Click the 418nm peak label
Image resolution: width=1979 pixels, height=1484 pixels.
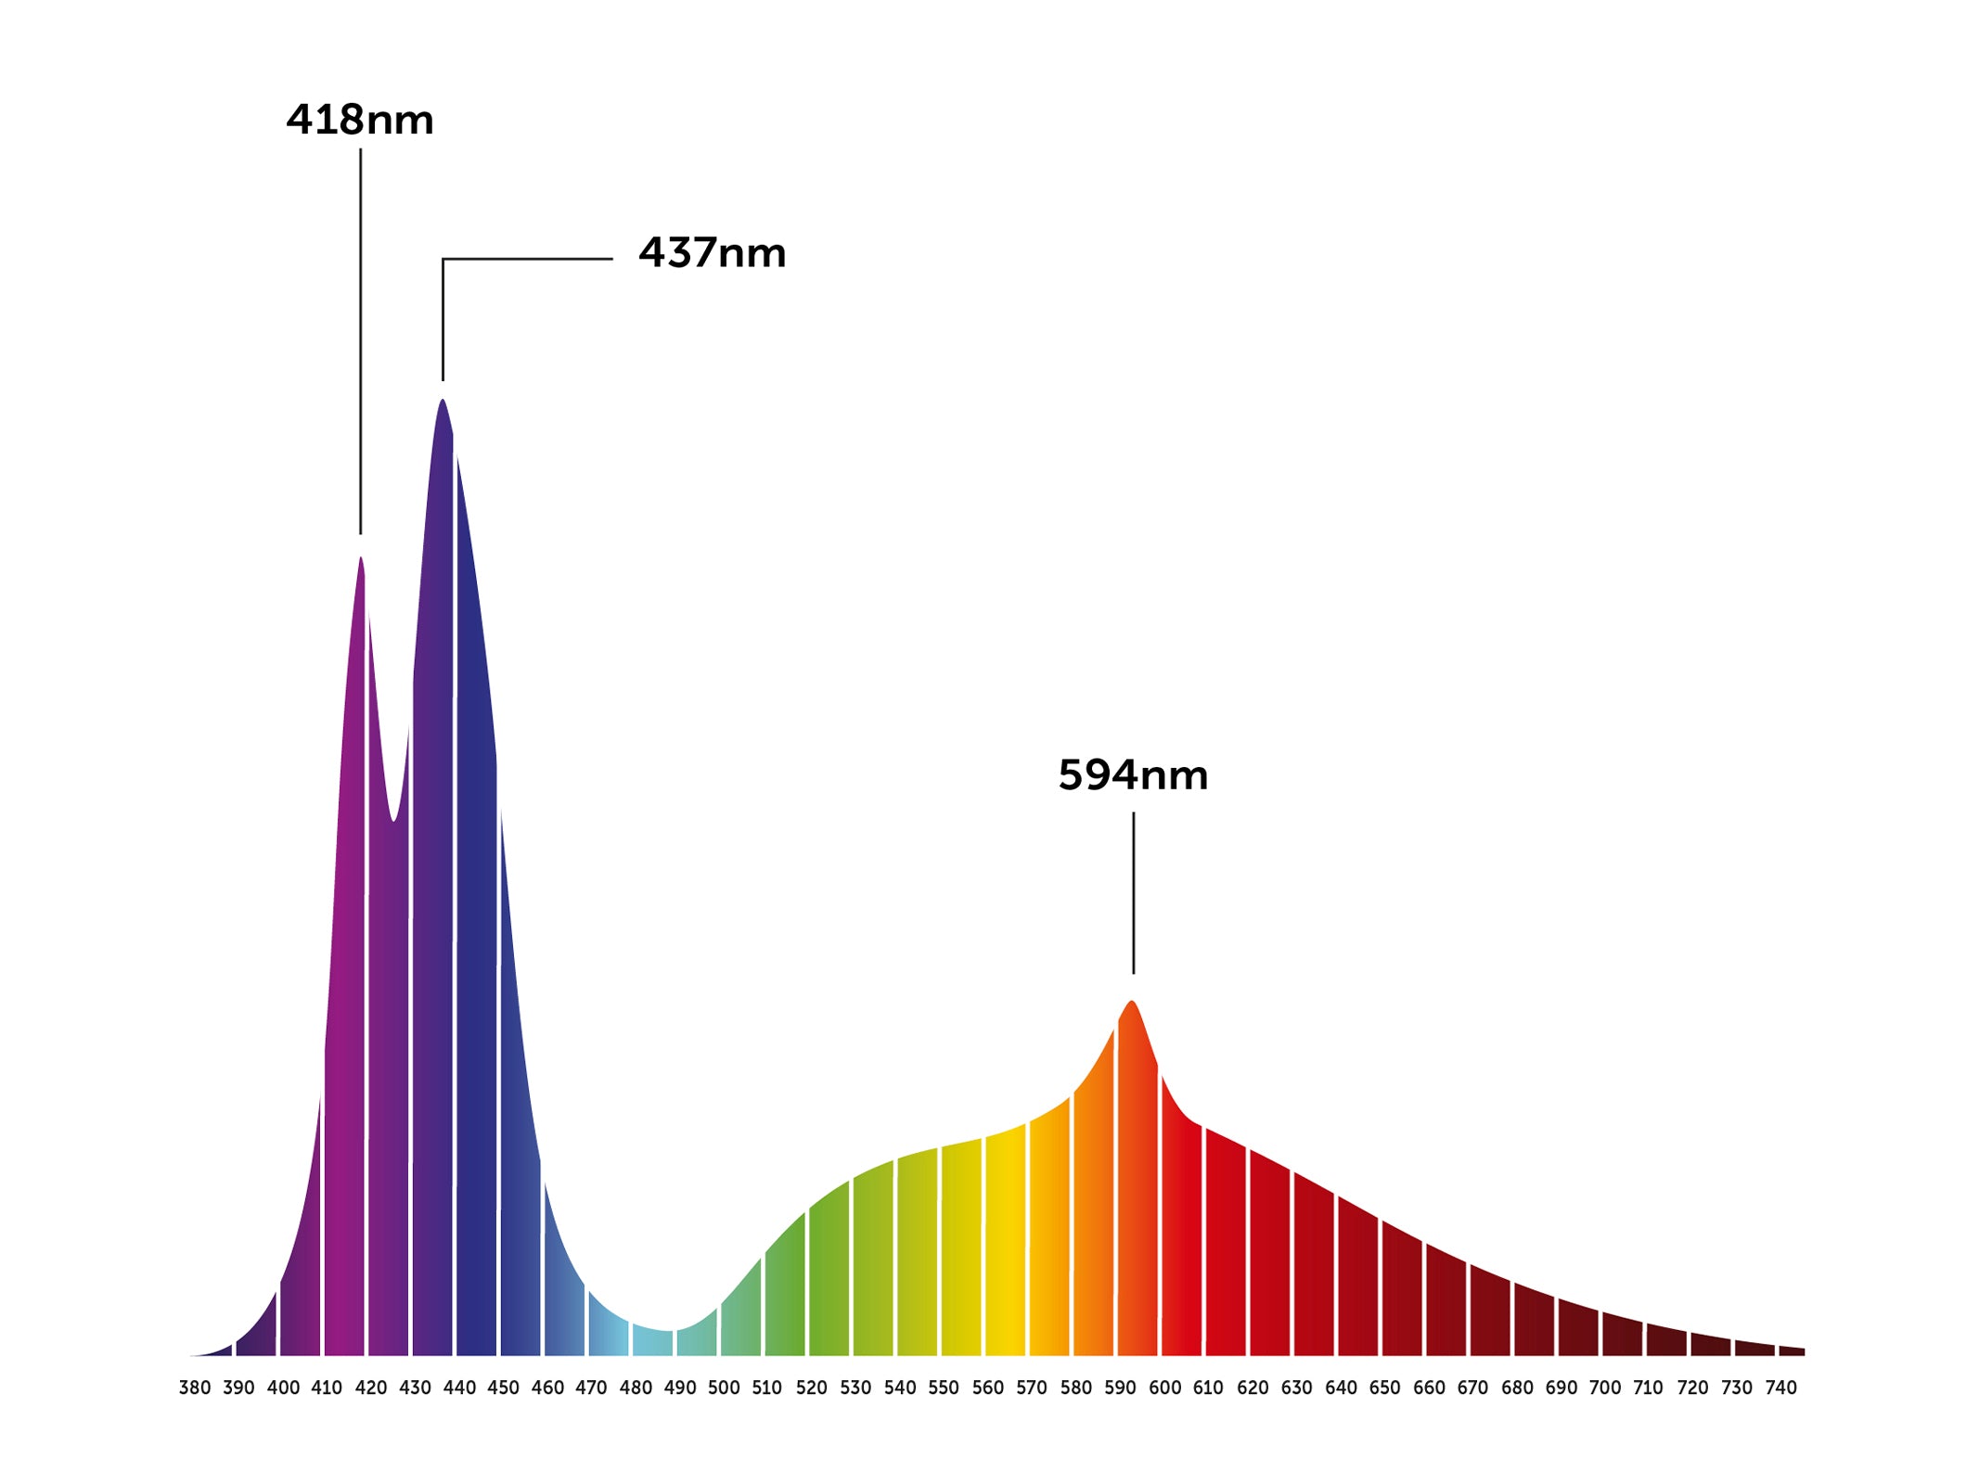coord(360,121)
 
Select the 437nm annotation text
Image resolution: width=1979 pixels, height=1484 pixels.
coord(712,253)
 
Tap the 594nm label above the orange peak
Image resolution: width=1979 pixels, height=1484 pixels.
coord(1133,775)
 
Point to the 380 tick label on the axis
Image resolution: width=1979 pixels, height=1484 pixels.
coord(195,1388)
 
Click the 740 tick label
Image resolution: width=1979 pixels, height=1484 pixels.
coord(1780,1388)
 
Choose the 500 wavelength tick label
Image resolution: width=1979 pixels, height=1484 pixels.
coord(724,1388)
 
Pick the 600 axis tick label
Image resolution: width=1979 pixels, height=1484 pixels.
coord(1164,1388)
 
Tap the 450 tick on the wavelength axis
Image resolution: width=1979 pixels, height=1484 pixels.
coord(503,1388)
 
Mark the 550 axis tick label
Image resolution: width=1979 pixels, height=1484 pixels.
coord(944,1388)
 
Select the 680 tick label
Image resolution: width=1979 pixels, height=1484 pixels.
coord(1517,1388)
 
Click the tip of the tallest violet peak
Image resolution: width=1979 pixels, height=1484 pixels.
coord(443,402)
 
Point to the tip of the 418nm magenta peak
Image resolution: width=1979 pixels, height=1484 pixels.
coord(361,559)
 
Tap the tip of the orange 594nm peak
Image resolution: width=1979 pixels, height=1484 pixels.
coord(1132,1004)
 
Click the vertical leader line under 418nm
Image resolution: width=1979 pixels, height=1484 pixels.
coord(361,343)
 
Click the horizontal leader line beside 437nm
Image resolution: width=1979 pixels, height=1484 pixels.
coord(529,259)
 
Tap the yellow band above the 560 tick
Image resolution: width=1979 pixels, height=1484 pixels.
coord(1005,1252)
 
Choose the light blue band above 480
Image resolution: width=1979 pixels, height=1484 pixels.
coord(651,1340)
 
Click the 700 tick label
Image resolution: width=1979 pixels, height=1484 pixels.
coord(1605,1388)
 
